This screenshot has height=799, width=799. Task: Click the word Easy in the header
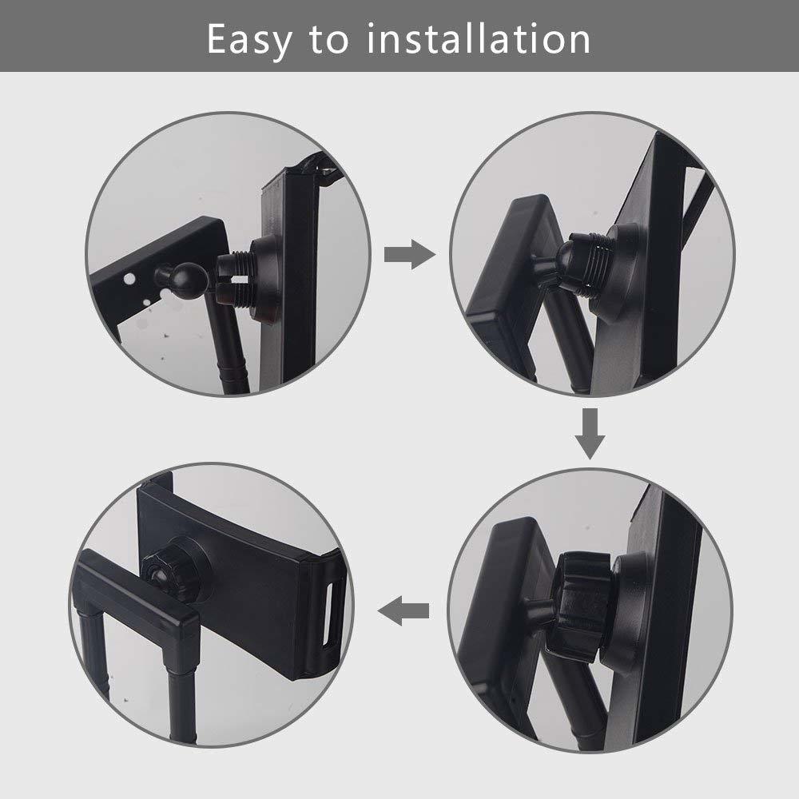pyautogui.click(x=249, y=40)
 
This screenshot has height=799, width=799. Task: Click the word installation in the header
pyautogui.click(x=479, y=38)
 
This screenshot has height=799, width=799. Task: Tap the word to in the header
pyautogui.click(x=329, y=40)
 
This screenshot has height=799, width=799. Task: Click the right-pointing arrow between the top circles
pyautogui.click(x=410, y=254)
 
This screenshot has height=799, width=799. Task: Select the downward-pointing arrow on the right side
pyautogui.click(x=590, y=434)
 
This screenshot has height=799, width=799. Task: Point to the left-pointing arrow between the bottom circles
pyautogui.click(x=403, y=610)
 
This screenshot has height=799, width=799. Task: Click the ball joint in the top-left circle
pyautogui.click(x=189, y=277)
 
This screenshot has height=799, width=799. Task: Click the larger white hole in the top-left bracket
pyautogui.click(x=129, y=279)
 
